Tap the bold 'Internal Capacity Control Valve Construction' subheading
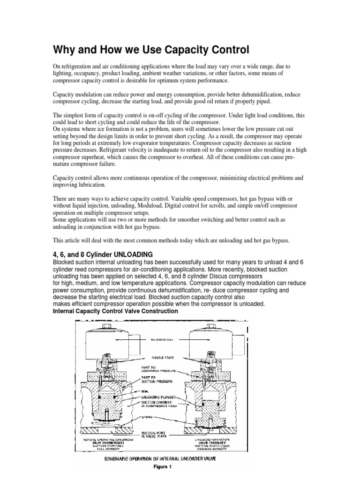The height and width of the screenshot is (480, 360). point(115,311)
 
